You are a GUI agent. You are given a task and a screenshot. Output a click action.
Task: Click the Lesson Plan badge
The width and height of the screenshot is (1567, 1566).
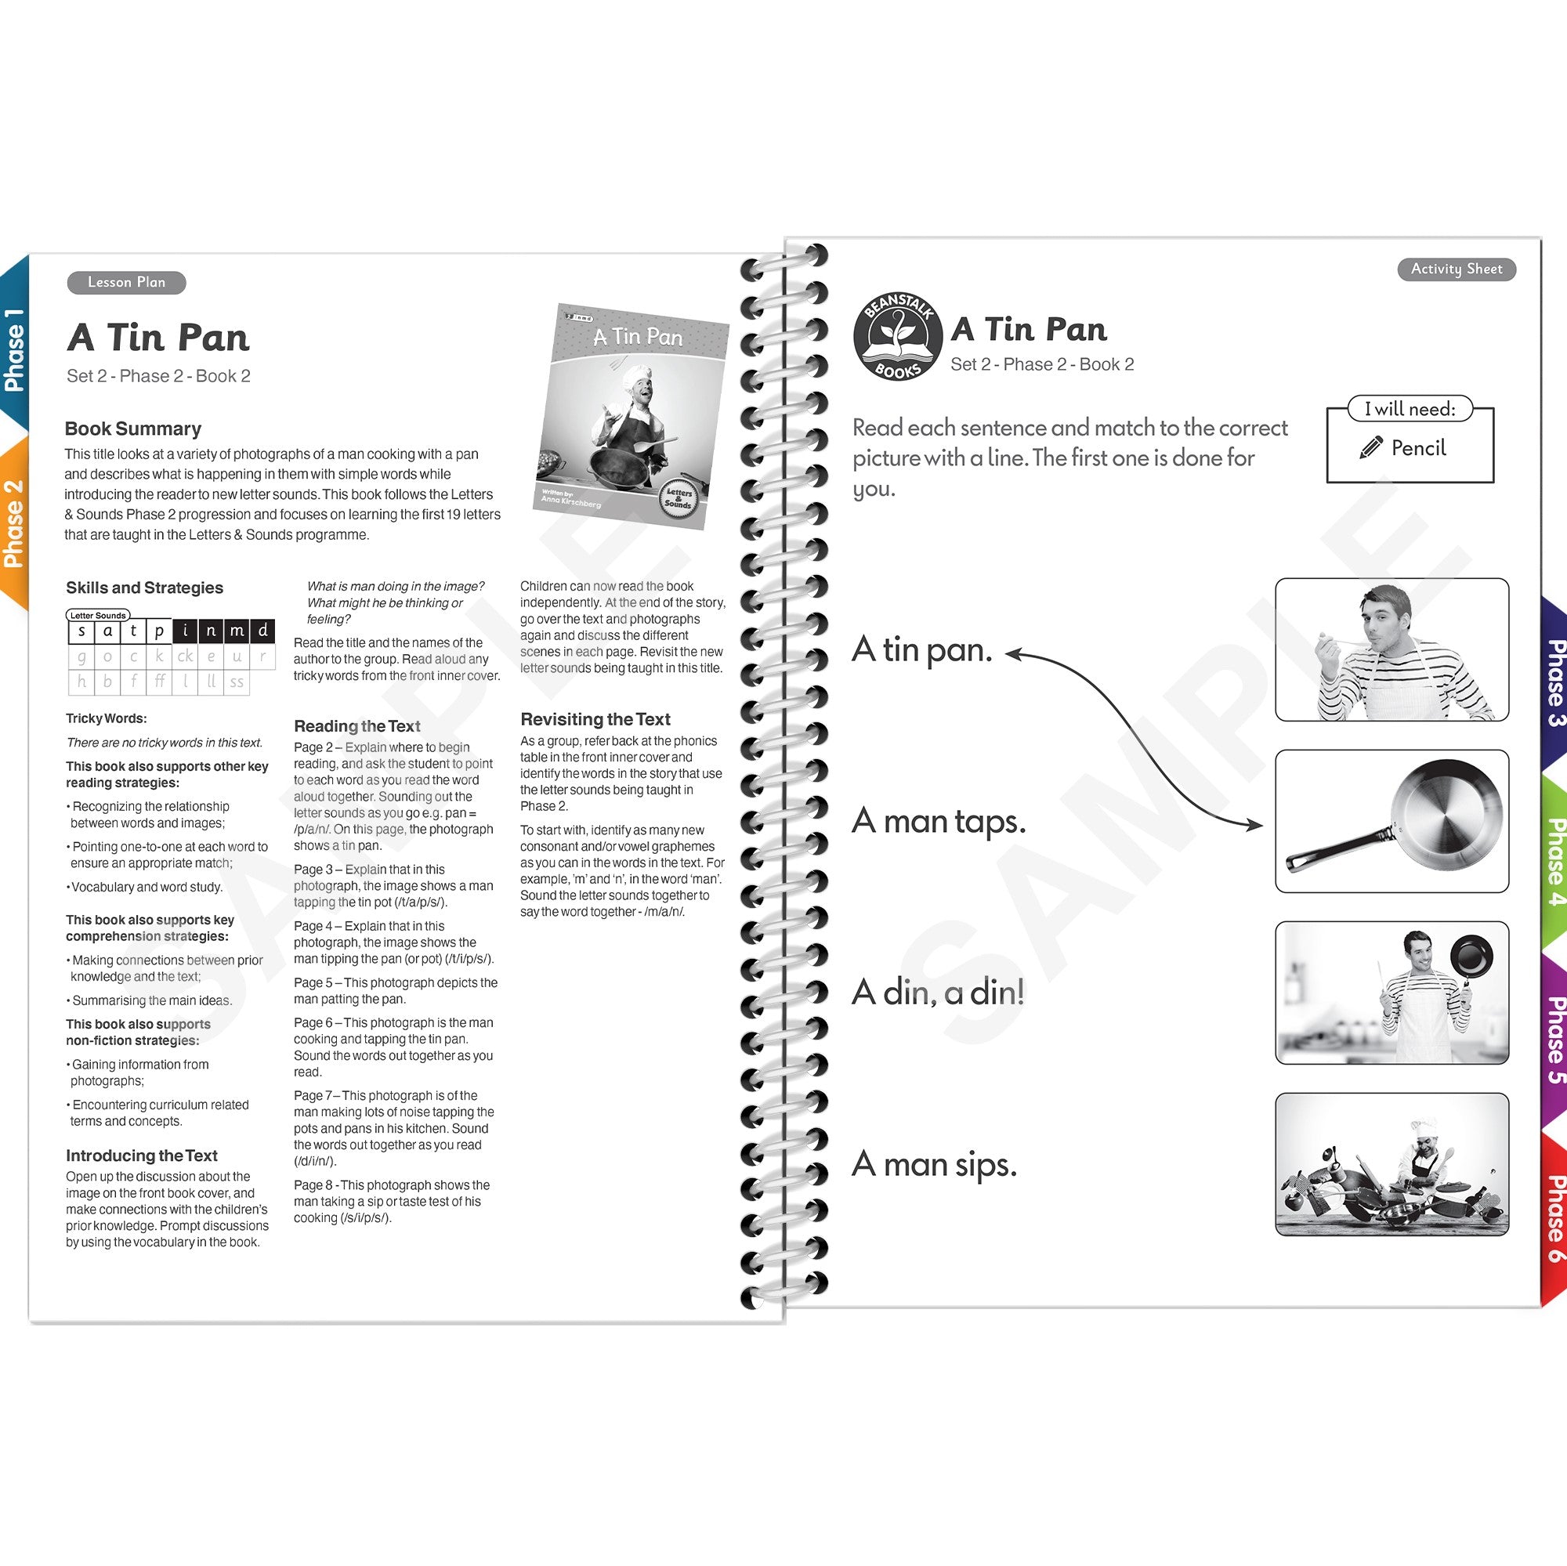click(x=126, y=282)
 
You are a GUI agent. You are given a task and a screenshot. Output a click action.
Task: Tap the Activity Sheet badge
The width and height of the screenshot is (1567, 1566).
click(x=1456, y=269)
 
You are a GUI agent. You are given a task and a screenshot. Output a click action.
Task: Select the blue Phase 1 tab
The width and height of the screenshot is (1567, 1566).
click(x=15, y=349)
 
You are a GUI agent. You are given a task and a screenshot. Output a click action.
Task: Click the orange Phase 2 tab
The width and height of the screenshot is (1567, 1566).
click(x=15, y=523)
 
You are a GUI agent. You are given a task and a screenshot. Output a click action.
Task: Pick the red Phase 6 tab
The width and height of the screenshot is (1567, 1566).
click(x=1553, y=1217)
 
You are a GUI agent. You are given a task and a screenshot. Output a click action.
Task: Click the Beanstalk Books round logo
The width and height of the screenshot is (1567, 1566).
click(x=898, y=337)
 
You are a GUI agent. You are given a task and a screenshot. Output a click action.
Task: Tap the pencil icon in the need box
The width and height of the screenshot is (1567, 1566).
click(x=1370, y=447)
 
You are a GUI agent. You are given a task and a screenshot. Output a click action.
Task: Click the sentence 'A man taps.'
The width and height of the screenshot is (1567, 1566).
click(x=939, y=822)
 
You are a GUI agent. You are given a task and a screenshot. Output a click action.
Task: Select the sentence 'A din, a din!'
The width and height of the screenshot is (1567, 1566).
click(x=938, y=993)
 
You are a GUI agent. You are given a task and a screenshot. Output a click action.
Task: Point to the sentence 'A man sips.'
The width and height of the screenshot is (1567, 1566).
click(x=934, y=1165)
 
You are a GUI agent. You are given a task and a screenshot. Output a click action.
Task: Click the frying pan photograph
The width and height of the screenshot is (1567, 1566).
click(x=1391, y=821)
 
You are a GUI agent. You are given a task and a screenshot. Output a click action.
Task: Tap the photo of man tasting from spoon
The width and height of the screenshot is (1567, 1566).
click(x=1391, y=649)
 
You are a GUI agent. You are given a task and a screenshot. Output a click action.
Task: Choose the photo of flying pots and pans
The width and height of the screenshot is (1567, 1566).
click(x=1391, y=1164)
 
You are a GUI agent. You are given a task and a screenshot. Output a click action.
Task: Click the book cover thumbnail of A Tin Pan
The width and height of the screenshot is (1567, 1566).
click(x=631, y=416)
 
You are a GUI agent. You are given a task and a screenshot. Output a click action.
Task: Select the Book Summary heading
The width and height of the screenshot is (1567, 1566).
click(x=133, y=429)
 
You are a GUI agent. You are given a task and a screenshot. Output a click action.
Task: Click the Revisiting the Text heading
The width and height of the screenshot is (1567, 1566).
click(x=595, y=719)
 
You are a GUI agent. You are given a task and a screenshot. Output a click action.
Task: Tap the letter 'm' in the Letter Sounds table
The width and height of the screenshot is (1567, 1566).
click(x=237, y=630)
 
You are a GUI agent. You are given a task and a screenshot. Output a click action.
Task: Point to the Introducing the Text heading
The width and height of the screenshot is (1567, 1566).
click(x=141, y=1156)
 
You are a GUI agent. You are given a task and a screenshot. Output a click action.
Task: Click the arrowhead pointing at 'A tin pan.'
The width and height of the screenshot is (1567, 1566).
click(x=1014, y=653)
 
